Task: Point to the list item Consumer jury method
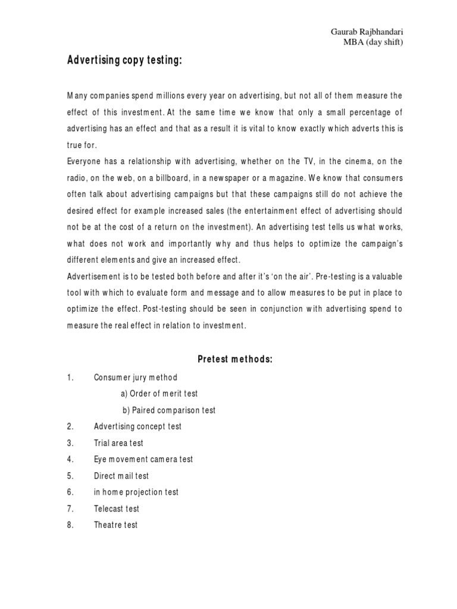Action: coord(136,377)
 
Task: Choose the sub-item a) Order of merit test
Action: coord(159,394)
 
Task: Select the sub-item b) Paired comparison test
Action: coord(169,410)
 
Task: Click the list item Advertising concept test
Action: coord(137,426)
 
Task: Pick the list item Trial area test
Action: coord(118,443)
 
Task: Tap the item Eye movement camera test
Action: coord(143,459)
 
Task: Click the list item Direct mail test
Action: coord(121,476)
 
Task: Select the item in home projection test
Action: coord(136,492)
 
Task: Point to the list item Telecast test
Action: coord(116,508)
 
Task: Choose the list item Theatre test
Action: coord(115,525)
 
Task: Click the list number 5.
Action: coord(70,476)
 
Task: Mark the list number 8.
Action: coord(70,525)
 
